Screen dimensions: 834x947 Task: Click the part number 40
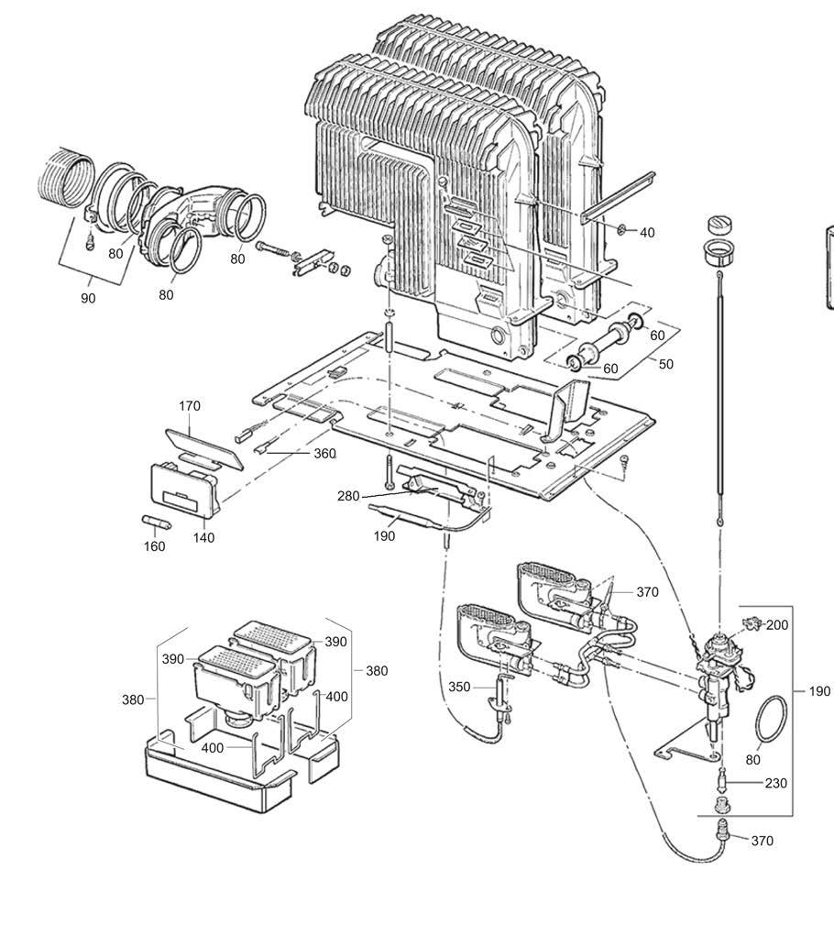(647, 233)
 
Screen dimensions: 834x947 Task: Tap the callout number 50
(665, 364)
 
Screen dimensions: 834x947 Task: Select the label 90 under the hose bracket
(88, 298)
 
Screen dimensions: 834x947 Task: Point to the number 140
(203, 537)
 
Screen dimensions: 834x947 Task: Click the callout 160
(154, 546)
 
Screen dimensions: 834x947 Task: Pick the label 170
(190, 406)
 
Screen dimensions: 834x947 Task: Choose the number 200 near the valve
(777, 625)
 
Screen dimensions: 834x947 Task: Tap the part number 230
(776, 783)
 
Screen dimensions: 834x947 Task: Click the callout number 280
(348, 497)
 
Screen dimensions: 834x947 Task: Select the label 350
(459, 688)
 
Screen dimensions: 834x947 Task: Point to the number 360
(325, 454)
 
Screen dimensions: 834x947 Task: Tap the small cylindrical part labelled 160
(156, 522)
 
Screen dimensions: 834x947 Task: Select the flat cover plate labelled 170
(203, 448)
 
